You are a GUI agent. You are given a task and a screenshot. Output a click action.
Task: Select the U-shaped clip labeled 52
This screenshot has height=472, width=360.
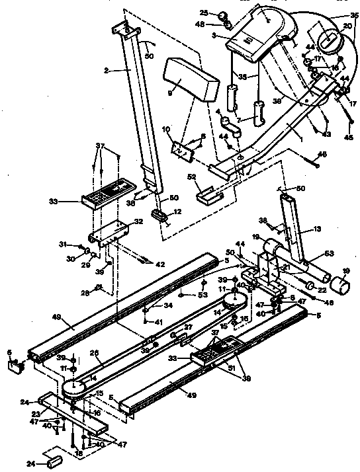point(208,195)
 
